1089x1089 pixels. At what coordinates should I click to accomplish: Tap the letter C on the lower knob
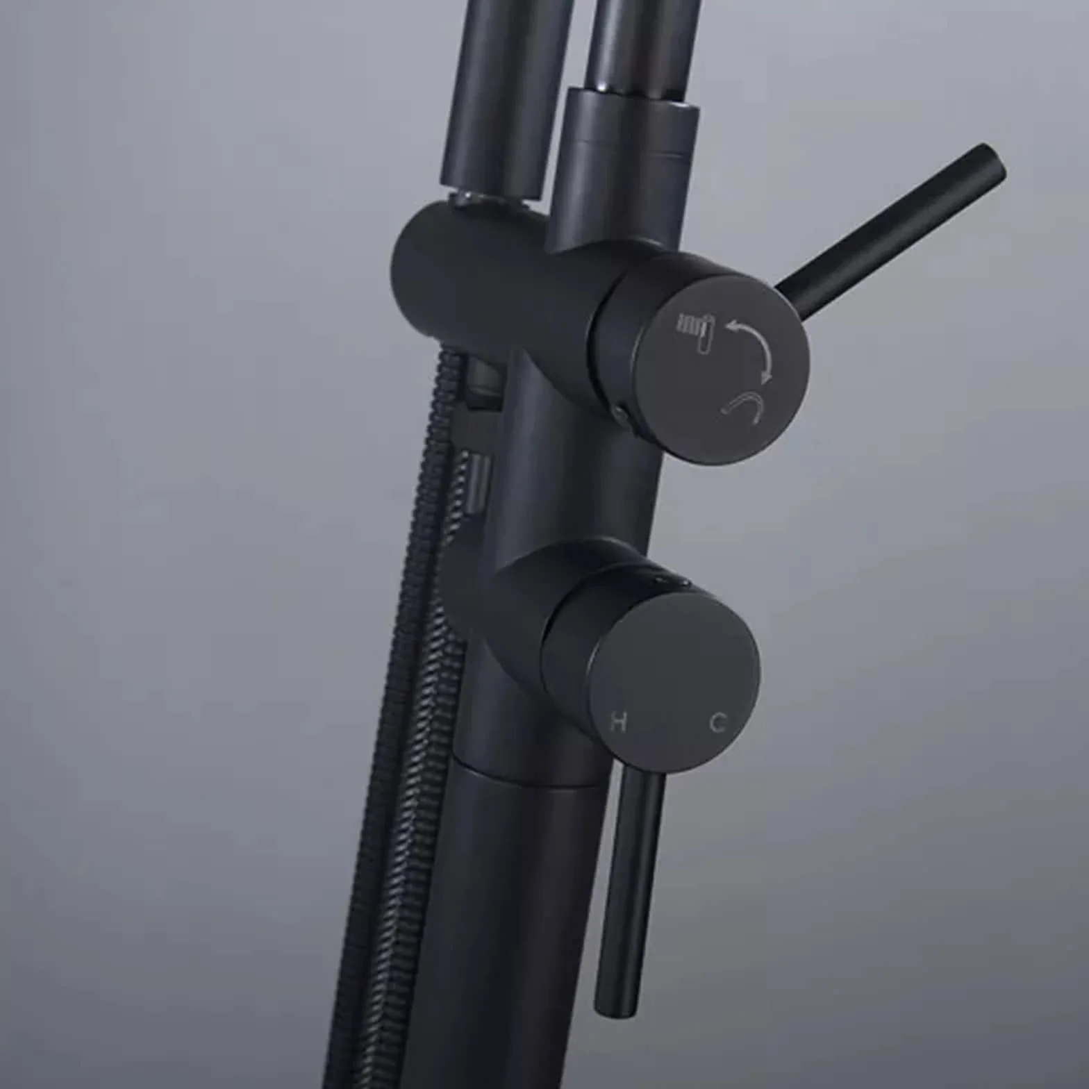(718, 722)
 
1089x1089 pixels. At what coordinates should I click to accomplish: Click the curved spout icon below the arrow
(742, 404)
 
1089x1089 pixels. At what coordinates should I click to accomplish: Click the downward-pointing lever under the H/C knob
(628, 889)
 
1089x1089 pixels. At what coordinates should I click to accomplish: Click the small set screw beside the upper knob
(620, 414)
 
